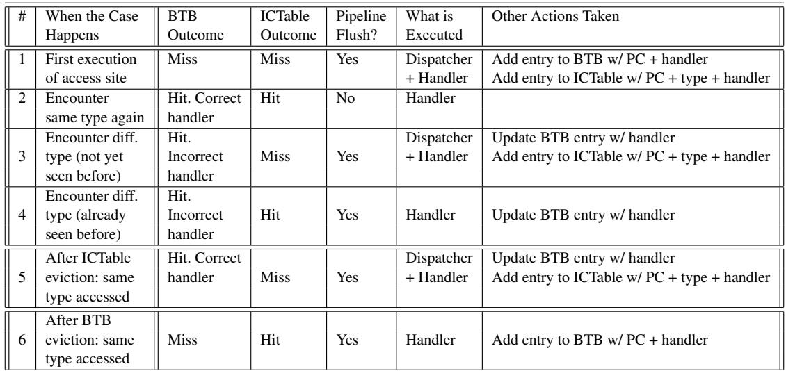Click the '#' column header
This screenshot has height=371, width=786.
[22, 16]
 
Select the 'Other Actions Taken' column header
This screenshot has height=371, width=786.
[555, 16]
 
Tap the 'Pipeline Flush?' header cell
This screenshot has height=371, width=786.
[362, 26]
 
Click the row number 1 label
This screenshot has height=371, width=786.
[22, 59]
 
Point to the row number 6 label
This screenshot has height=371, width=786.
[22, 340]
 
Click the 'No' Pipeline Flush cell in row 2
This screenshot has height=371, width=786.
[346, 98]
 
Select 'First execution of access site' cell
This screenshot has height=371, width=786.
[90, 69]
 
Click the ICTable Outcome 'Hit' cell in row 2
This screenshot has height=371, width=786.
[270, 98]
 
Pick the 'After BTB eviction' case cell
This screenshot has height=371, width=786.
[90, 340]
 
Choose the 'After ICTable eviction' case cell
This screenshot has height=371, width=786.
[88, 277]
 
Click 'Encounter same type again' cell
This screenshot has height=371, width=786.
[95, 108]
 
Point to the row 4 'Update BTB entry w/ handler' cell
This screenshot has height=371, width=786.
[584, 215]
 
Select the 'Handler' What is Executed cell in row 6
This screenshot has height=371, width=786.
[431, 340]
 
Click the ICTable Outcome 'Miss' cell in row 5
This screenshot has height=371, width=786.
[275, 277]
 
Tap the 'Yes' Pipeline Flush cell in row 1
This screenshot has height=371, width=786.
[347, 59]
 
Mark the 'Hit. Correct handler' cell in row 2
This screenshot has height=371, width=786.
[204, 108]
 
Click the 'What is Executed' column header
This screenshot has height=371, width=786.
[434, 26]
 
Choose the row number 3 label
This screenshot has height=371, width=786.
[22, 157]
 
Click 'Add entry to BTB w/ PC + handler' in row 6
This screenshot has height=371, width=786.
[600, 340]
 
